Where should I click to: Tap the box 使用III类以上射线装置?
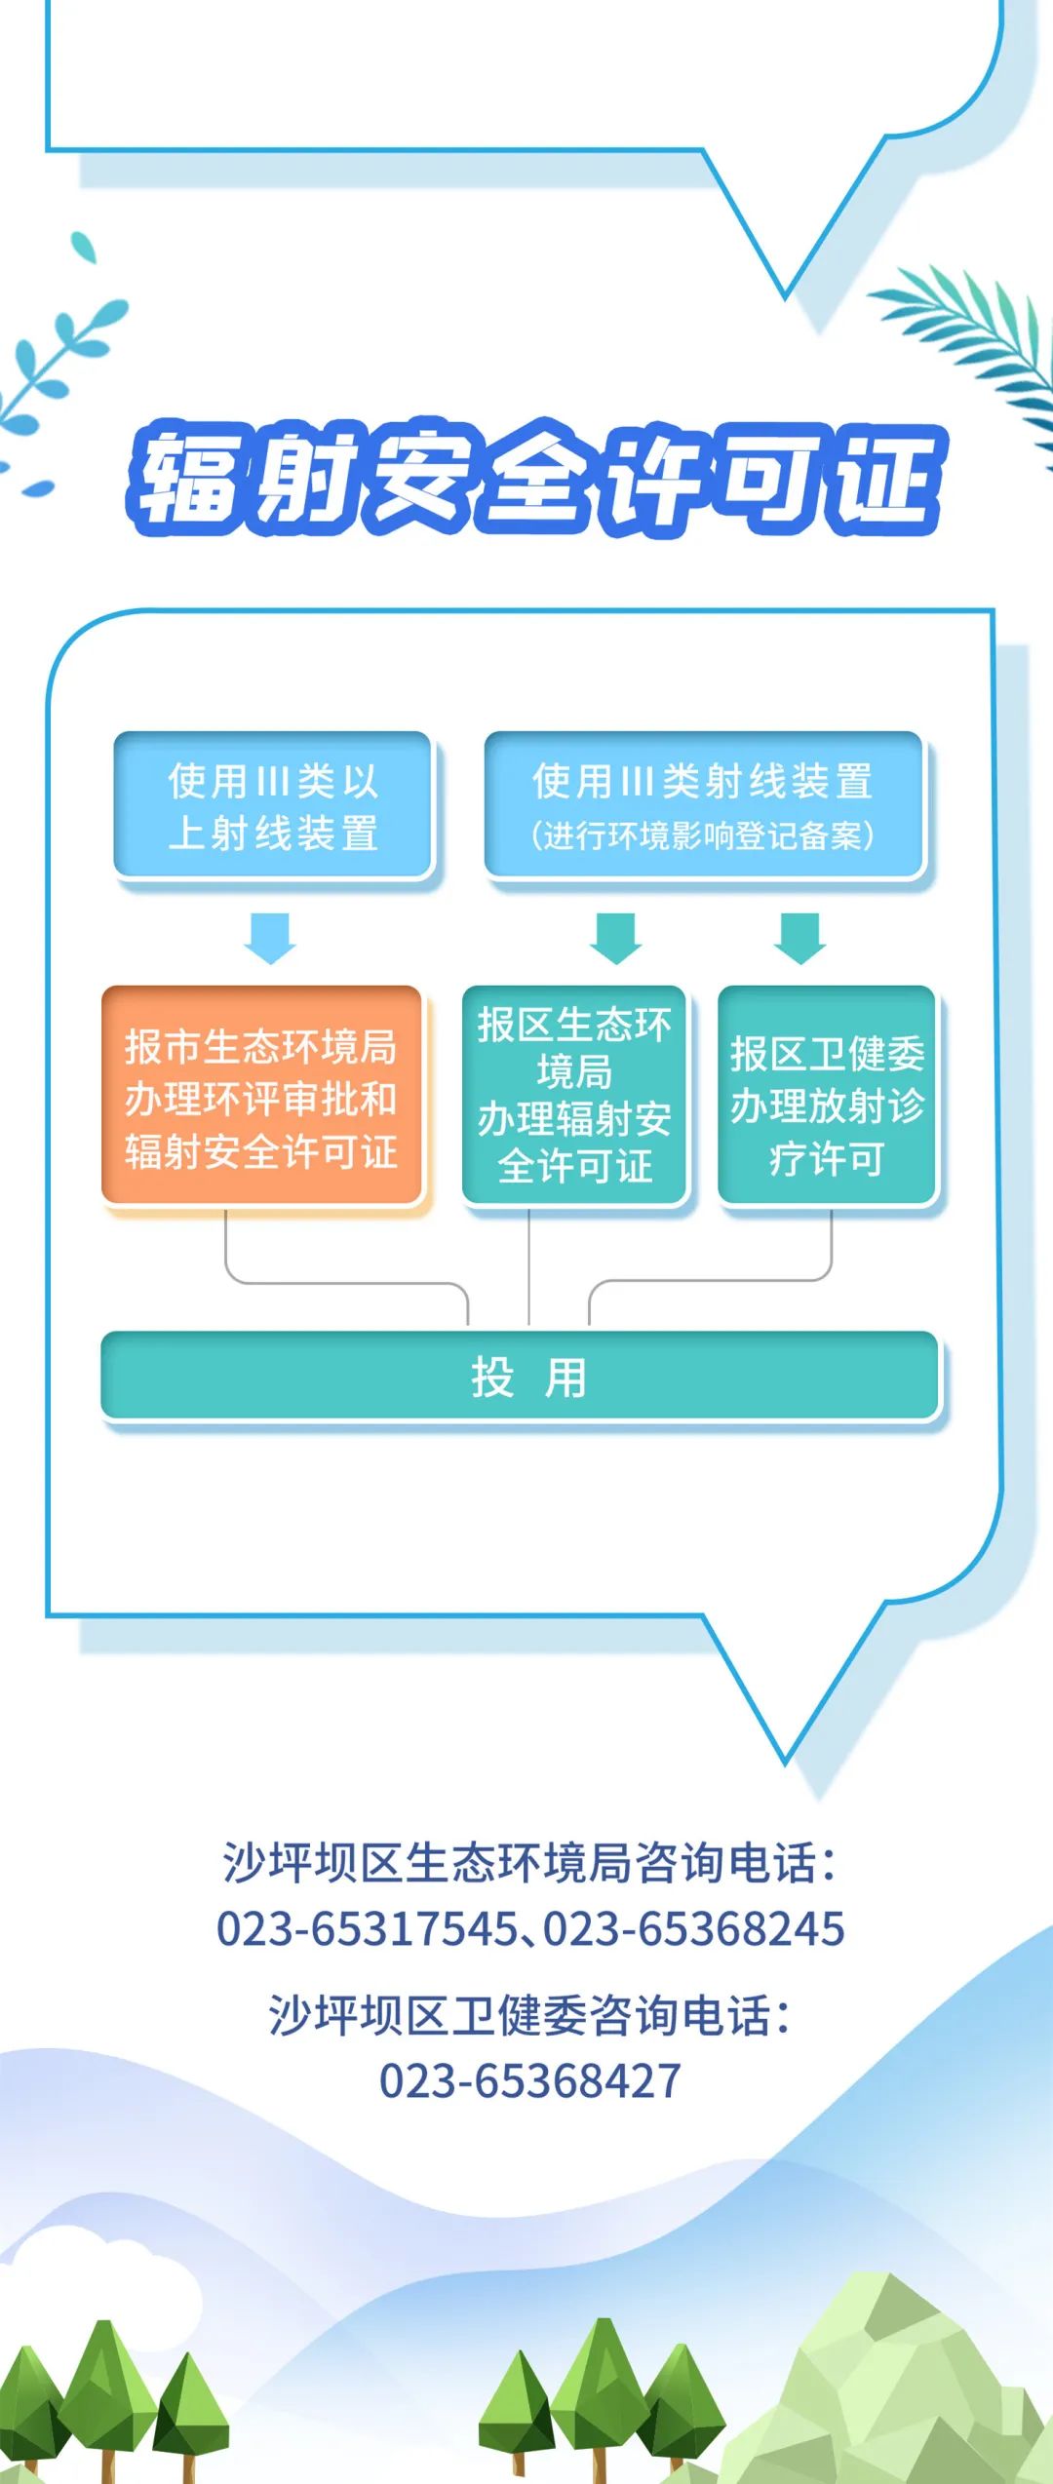point(273,805)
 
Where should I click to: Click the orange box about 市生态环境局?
point(261,1097)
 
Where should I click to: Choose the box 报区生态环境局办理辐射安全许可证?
point(574,1095)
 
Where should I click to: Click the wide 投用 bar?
point(520,1377)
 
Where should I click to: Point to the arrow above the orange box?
point(270,938)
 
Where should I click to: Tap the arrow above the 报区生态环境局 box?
point(616,938)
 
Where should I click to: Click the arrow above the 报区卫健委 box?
point(800,938)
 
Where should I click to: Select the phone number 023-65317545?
point(368,1929)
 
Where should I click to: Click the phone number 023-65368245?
point(694,1929)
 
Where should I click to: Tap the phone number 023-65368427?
point(529,2081)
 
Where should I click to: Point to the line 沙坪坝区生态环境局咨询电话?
point(529,1863)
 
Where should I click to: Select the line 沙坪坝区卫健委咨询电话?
point(529,2015)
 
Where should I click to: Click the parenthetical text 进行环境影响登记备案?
point(703,835)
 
